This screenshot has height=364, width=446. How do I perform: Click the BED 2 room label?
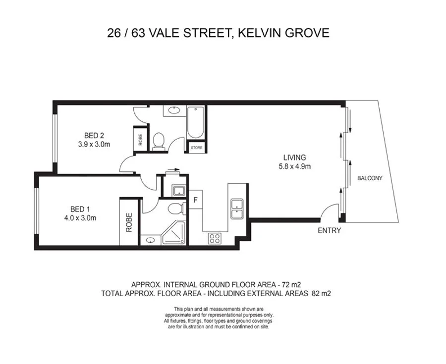point(93,135)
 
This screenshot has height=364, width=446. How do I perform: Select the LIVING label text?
point(294,157)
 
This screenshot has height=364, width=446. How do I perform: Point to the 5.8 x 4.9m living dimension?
point(294,166)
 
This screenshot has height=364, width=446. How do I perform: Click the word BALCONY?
point(370,178)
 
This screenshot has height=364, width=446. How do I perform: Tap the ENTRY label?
point(329,230)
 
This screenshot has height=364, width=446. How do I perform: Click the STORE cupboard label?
point(196,147)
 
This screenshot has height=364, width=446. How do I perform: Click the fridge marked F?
point(196,201)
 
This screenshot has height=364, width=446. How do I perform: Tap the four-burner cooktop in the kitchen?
point(215,238)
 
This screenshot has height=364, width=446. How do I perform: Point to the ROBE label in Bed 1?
point(129,222)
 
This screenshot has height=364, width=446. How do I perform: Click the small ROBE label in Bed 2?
point(140,138)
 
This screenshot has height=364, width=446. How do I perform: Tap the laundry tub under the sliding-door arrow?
point(177,191)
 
